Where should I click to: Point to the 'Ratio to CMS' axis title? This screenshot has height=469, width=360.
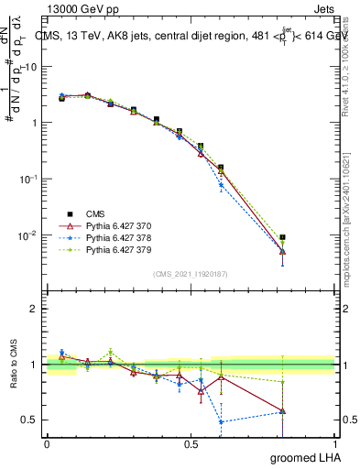14,364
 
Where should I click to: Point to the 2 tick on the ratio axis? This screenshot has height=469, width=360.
34,309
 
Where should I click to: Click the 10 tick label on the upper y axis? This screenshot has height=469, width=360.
30,66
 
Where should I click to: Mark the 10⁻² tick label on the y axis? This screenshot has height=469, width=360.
27,235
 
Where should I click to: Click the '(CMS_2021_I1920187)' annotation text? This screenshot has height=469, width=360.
190,274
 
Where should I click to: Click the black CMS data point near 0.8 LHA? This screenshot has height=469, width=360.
283,237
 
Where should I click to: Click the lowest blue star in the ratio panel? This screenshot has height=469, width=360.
221,422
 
